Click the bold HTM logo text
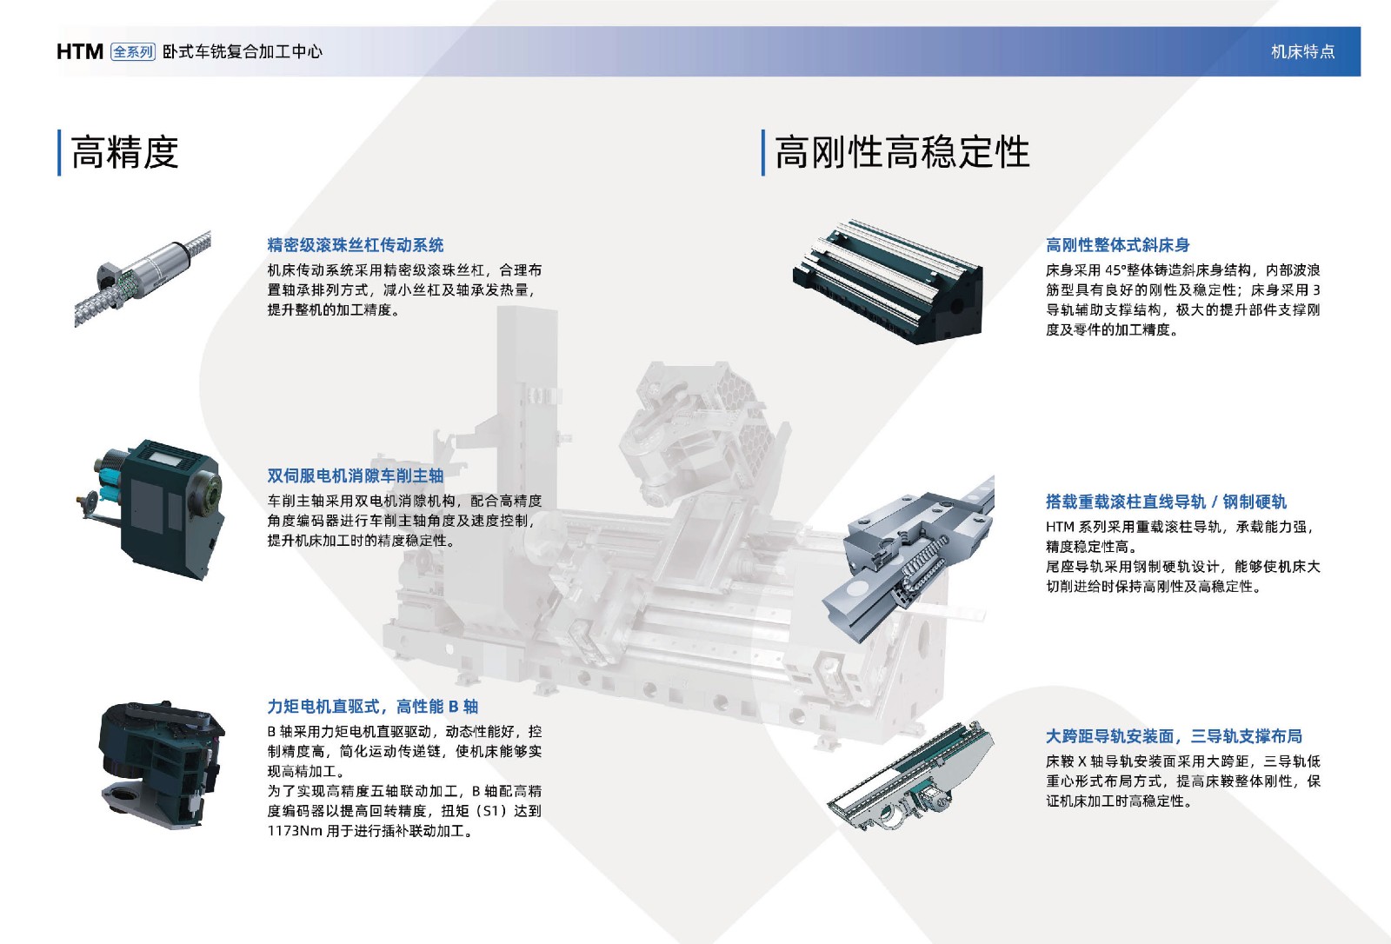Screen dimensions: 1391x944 pyautogui.click(x=79, y=51)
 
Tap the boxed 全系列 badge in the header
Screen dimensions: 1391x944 pyautogui.click(x=133, y=51)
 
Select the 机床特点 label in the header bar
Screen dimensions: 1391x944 pyautogui.click(x=1303, y=51)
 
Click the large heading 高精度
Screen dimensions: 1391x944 pyautogui.click(x=125, y=152)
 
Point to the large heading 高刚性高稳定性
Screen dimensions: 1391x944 pyautogui.click(x=902, y=152)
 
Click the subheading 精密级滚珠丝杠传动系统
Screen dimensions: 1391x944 pyautogui.click(x=356, y=245)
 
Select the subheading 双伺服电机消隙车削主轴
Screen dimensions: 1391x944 pyautogui.click(x=356, y=475)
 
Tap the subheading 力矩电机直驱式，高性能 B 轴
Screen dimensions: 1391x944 pyautogui.click(x=373, y=706)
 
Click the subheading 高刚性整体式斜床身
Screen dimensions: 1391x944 pyautogui.click(x=1118, y=245)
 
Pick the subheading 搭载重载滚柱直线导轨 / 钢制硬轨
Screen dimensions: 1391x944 pyautogui.click(x=1166, y=502)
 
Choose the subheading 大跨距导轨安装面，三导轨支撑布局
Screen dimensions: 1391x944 pyautogui.click(x=1174, y=736)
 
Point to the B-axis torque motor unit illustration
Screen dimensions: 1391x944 pyautogui.click(x=162, y=764)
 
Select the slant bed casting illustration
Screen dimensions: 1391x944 pyautogui.click(x=888, y=282)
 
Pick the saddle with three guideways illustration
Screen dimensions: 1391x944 pyautogui.click(x=910, y=776)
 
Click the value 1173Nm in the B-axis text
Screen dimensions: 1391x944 pyautogui.click(x=295, y=830)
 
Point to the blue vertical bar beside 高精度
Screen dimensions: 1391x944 pyautogui.click(x=59, y=153)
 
